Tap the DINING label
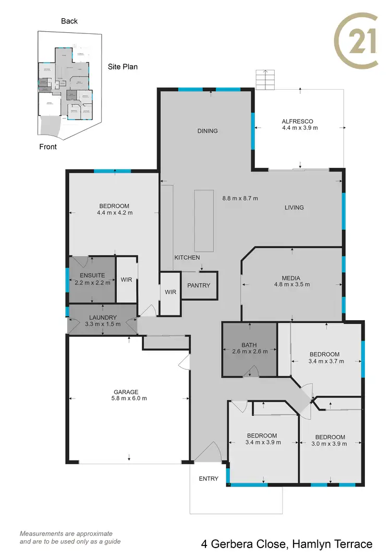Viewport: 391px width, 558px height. pyautogui.click(x=207, y=131)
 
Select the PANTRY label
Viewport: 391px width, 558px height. pyautogui.click(x=199, y=285)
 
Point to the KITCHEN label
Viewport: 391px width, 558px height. pyautogui.click(x=187, y=258)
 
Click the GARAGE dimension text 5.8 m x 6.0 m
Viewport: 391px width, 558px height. pyautogui.click(x=130, y=398)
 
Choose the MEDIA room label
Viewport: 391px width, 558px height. pyautogui.click(x=292, y=277)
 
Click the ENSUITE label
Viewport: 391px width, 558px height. pyautogui.click(x=92, y=275)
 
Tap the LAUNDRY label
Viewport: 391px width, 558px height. pyautogui.click(x=103, y=317)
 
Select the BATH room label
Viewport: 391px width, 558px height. pyautogui.click(x=250, y=345)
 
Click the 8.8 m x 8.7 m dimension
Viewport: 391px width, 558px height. pyautogui.click(x=240, y=198)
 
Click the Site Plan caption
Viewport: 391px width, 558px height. pyautogui.click(x=123, y=67)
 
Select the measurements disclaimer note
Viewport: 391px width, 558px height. pyautogui.click(x=70, y=537)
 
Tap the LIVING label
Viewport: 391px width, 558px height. pyautogui.click(x=294, y=208)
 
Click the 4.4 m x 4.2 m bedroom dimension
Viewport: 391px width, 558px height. pyautogui.click(x=115, y=213)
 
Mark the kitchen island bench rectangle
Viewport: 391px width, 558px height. pyautogui.click(x=203, y=221)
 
